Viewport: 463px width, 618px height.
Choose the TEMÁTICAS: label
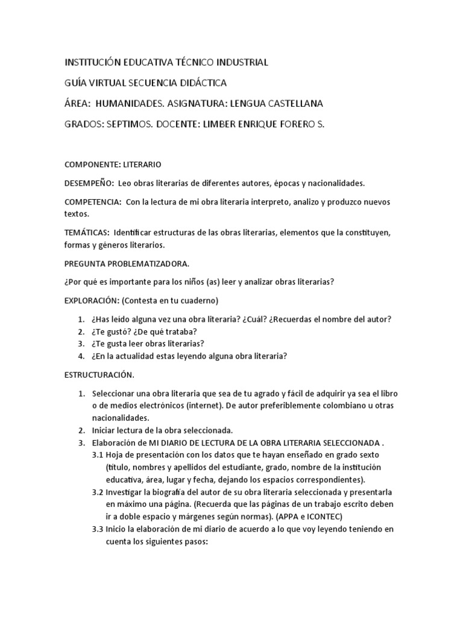(x=87, y=232)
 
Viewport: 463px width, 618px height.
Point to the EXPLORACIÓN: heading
(x=92, y=300)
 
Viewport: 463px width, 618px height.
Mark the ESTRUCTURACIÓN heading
(x=99, y=375)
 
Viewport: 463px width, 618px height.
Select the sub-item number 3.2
(x=97, y=492)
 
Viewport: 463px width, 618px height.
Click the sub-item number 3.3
(x=97, y=529)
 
